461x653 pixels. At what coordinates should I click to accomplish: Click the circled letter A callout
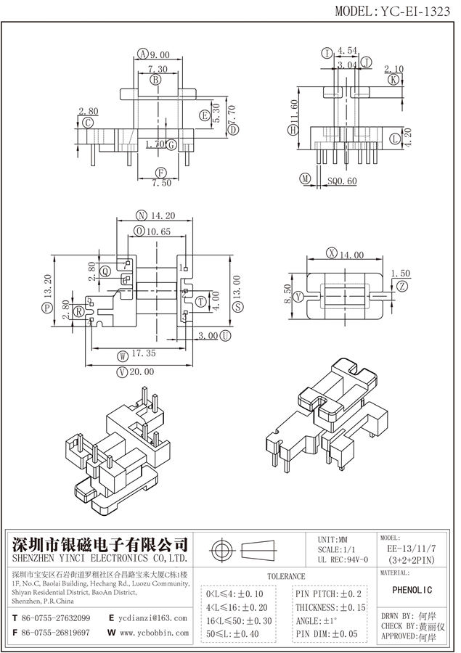tap(143, 54)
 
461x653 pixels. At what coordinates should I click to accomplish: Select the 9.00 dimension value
tap(160, 54)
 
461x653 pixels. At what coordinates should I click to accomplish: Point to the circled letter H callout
tap(293, 131)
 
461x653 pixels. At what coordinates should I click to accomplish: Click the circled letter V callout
tap(121, 371)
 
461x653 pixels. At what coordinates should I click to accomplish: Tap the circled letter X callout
tap(332, 253)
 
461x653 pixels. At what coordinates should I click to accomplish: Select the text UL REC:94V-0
tap(343, 559)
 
